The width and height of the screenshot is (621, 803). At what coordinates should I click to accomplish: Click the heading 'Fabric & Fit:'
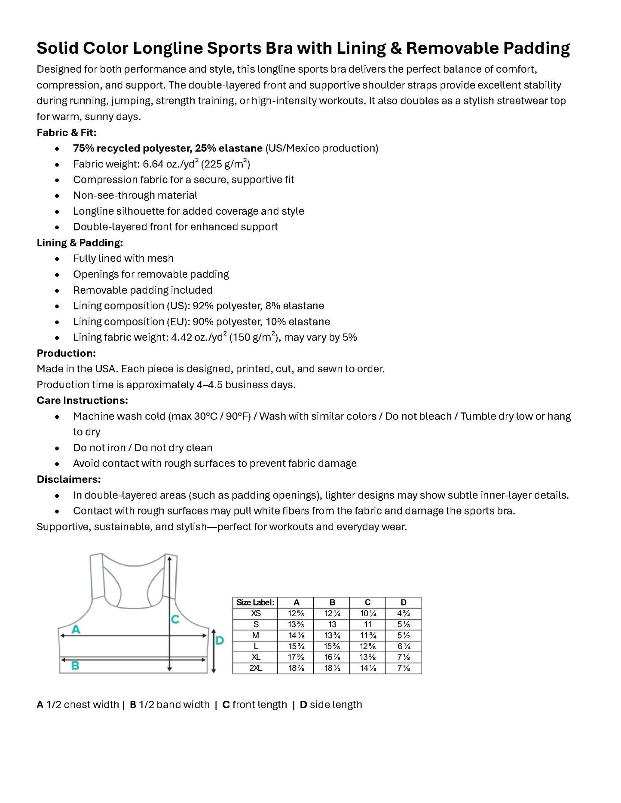pos(67,132)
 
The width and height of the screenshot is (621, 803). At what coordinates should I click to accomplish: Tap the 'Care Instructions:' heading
pos(82,400)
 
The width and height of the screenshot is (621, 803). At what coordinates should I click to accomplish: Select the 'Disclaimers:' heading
pos(69,479)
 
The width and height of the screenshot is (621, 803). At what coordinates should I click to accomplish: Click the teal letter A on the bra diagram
pos(76,630)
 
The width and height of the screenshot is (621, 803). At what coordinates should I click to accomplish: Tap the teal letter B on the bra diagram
pos(75,666)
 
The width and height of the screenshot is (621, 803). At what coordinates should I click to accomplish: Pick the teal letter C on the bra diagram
pos(175,619)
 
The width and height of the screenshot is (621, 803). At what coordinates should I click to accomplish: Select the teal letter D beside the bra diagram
pos(219,641)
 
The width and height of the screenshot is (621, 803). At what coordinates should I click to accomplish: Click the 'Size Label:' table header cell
pos(255,602)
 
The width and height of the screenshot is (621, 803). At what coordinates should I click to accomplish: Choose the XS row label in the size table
pos(256,614)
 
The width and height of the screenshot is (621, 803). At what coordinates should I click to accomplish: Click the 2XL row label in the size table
pos(256,668)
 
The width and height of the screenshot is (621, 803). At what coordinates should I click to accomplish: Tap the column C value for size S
pos(367,624)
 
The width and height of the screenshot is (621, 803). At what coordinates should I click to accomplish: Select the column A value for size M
pos(296,636)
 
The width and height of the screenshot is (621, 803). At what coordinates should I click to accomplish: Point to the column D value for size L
pos(403,646)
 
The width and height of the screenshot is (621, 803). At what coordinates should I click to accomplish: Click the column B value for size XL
pos(332,657)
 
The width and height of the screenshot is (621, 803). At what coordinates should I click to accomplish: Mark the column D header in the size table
pos(403,602)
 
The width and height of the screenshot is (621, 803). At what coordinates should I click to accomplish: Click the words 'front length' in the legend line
pos(260,705)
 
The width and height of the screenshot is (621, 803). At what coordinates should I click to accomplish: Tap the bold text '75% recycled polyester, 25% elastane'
pos(168,148)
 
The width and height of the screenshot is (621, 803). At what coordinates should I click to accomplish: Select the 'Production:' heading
pos(66,353)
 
